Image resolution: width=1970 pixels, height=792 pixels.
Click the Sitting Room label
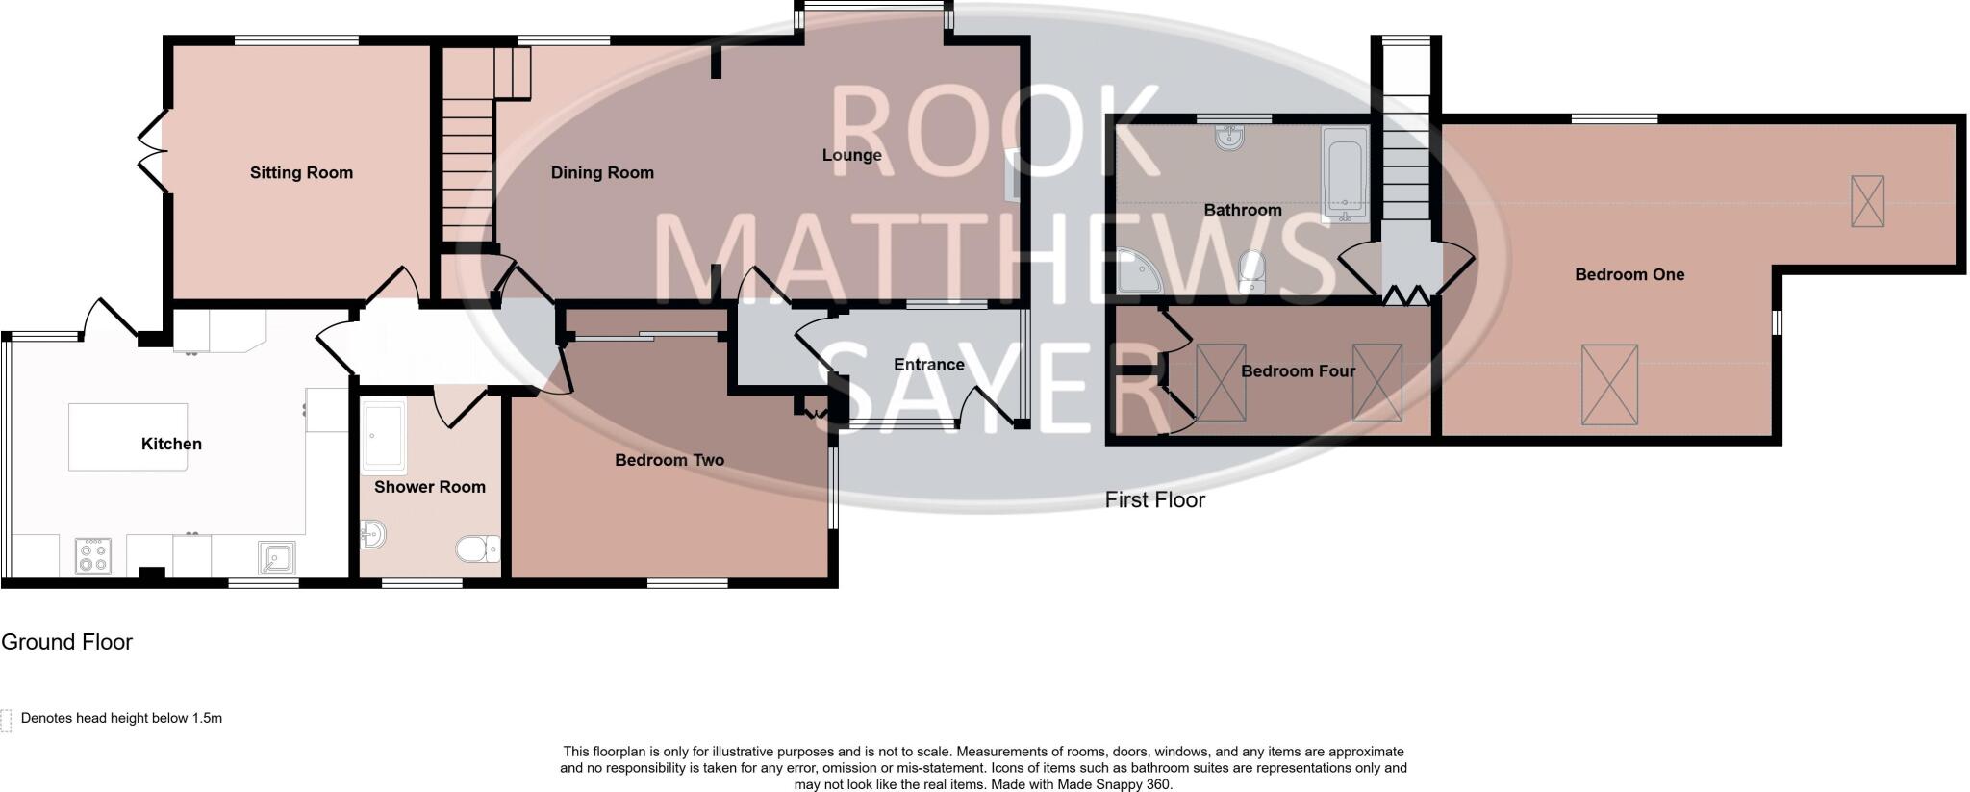pyautogui.click(x=301, y=173)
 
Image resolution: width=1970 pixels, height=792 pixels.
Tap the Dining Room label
pyautogui.click(x=602, y=173)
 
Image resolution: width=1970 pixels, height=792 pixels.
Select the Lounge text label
pyautogui.click(x=851, y=155)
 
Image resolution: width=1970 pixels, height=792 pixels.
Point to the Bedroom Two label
pyautogui.click(x=669, y=460)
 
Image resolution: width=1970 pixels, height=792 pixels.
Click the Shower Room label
pyautogui.click(x=430, y=487)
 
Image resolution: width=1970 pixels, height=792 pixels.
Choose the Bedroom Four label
pyautogui.click(x=1298, y=371)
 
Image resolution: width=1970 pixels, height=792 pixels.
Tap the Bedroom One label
pyautogui.click(x=1629, y=275)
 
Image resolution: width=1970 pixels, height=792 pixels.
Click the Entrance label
pyautogui.click(x=928, y=365)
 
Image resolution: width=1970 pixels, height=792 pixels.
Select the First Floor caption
pyautogui.click(x=1154, y=500)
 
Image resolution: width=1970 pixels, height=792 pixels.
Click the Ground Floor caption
pyautogui.click(x=66, y=642)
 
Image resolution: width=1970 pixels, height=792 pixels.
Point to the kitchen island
pyautogui.click(x=128, y=437)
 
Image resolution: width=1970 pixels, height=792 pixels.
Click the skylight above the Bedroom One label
pyautogui.click(x=1867, y=201)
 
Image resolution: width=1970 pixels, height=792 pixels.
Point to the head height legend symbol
pyautogui.click(x=6, y=720)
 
